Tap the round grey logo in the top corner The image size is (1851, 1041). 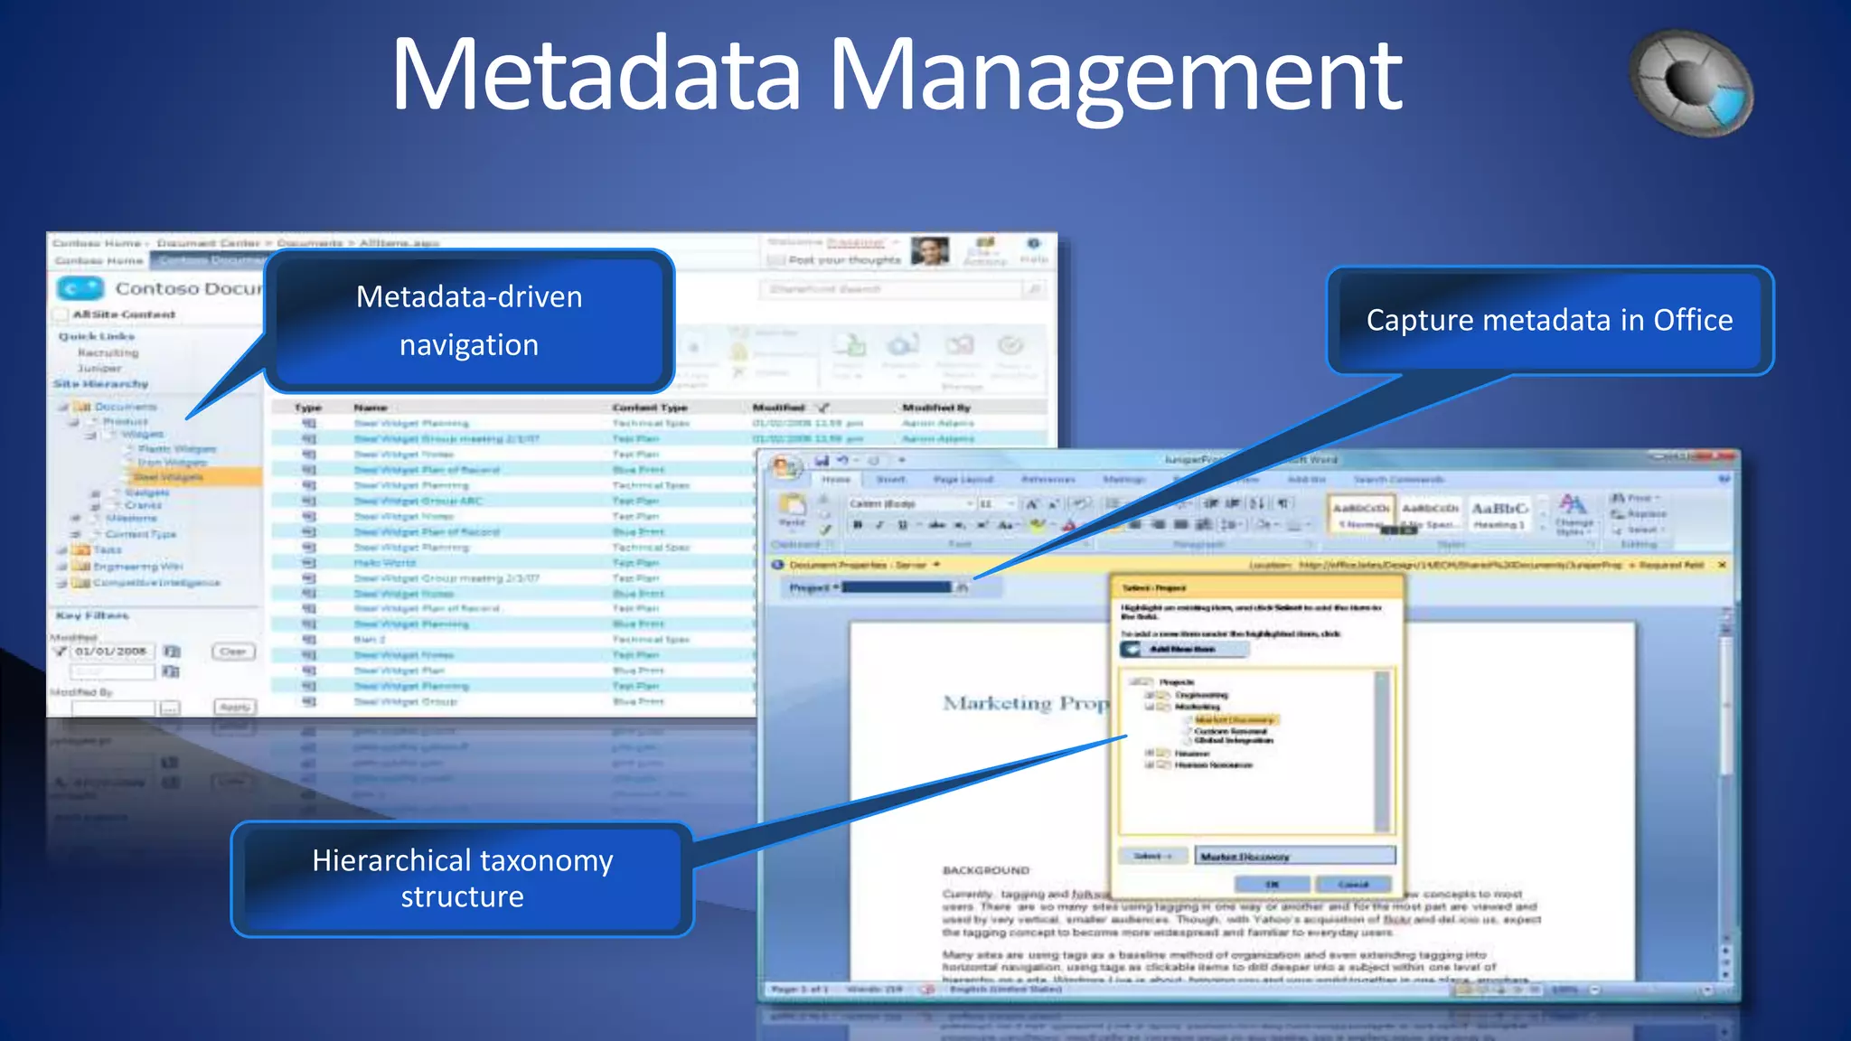pyautogui.click(x=1691, y=83)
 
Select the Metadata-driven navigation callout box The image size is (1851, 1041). pyautogui.click(x=469, y=321)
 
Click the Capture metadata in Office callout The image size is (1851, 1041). pyautogui.click(x=1549, y=320)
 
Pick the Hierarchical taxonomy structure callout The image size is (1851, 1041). pyautogui.click(x=462, y=877)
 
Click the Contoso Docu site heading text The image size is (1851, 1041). pyautogui.click(x=188, y=288)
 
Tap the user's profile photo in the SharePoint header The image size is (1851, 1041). pyautogui.click(x=929, y=251)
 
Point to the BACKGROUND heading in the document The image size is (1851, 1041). pyautogui.click(x=986, y=870)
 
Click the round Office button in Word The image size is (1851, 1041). pyautogui.click(x=785, y=467)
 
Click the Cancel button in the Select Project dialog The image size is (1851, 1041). pyautogui.click(x=1353, y=884)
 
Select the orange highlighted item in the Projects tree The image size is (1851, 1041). pyautogui.click(x=1234, y=720)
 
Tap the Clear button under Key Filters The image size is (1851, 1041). pyautogui.click(x=233, y=652)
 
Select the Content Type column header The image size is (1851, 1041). pyautogui.click(x=649, y=408)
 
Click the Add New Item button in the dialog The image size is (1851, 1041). pyautogui.click(x=1183, y=649)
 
